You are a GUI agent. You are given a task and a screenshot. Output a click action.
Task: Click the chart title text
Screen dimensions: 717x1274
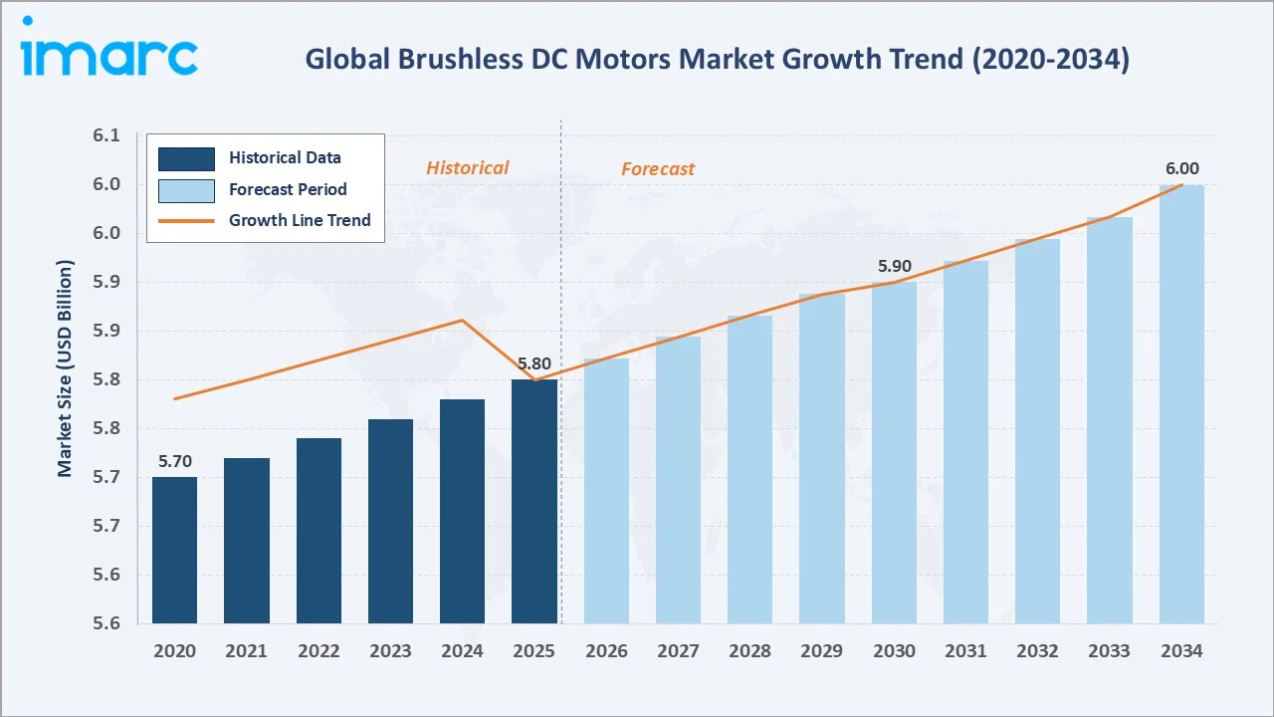point(717,59)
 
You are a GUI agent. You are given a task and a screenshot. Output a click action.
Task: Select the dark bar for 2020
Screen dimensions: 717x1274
point(174,551)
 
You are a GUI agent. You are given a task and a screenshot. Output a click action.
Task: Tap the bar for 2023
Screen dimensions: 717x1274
point(390,521)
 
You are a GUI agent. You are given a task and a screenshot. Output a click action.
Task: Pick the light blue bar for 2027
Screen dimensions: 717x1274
point(678,480)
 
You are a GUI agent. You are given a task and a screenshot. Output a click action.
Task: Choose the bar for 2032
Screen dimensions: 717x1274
point(1037,431)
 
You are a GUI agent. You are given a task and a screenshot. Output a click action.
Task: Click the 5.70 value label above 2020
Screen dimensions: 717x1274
point(174,461)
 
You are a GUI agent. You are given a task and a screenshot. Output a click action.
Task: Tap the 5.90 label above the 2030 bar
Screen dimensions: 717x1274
point(894,267)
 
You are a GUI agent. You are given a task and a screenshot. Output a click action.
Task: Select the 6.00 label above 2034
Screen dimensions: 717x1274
point(1181,169)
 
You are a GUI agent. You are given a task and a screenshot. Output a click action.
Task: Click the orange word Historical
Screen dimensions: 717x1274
point(467,168)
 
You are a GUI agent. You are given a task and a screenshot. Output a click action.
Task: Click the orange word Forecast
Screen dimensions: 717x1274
point(658,169)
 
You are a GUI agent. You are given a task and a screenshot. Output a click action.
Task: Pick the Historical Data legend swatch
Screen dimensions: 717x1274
point(186,157)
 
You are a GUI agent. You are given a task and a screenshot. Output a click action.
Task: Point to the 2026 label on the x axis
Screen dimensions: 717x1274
point(606,651)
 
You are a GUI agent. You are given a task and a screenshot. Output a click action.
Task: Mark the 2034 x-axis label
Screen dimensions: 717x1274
point(1181,651)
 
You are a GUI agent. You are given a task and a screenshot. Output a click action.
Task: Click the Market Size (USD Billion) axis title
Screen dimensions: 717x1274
point(65,368)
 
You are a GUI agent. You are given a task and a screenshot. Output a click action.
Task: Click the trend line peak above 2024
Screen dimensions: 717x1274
point(462,320)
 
